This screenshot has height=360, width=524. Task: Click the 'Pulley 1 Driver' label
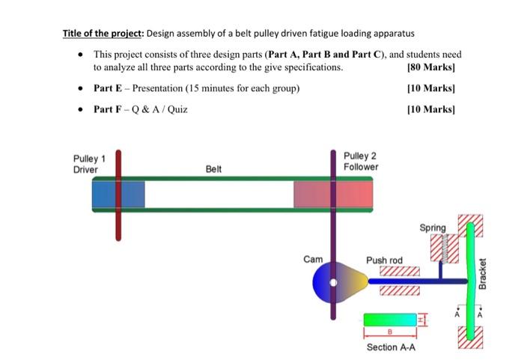coord(88,164)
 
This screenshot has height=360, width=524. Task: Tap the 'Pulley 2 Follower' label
coord(360,161)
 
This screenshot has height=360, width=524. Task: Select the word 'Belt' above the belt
coord(213,169)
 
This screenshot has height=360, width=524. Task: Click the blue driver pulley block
coord(118,194)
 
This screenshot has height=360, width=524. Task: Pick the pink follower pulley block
coord(332,195)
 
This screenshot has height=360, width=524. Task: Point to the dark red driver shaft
coord(118,225)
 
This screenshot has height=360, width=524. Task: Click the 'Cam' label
coord(313,259)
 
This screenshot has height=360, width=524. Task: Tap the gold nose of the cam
coord(359,281)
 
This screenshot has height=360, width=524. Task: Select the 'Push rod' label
coord(384,260)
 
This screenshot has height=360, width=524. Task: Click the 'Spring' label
coord(432,228)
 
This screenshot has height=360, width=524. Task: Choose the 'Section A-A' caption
coord(391,347)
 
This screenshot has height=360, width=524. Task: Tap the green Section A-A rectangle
coord(389,320)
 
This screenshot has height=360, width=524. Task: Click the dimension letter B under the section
coord(389,332)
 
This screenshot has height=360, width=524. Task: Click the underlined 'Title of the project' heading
coord(103,34)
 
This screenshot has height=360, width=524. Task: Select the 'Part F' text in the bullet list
coord(108,109)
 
